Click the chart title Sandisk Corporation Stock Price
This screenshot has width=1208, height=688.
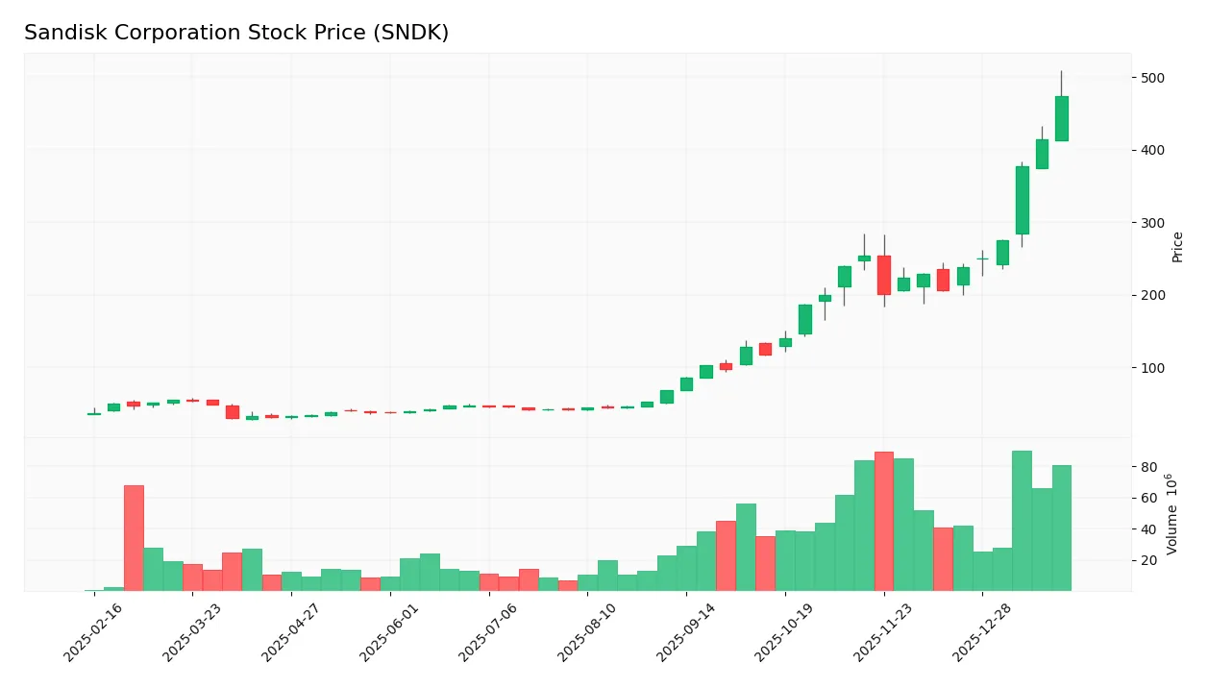(x=236, y=33)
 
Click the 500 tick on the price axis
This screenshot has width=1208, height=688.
(x=1153, y=78)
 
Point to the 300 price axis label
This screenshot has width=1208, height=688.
(x=1153, y=223)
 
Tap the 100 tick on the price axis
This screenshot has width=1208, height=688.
(x=1153, y=368)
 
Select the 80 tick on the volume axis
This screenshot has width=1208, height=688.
(x=1148, y=467)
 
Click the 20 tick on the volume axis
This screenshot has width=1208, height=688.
(x=1148, y=560)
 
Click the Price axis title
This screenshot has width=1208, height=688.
(x=1177, y=247)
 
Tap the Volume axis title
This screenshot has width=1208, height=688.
(x=1172, y=514)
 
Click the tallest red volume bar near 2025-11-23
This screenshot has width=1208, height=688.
(x=883, y=522)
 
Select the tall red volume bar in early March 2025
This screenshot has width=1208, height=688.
(x=134, y=538)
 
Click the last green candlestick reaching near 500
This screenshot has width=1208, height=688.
(x=1061, y=118)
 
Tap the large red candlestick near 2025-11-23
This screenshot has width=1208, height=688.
(x=883, y=275)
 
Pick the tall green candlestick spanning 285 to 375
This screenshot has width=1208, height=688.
(x=1022, y=200)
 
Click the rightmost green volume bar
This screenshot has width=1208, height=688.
(x=1061, y=528)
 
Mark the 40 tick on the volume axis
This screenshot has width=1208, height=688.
(x=1148, y=529)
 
